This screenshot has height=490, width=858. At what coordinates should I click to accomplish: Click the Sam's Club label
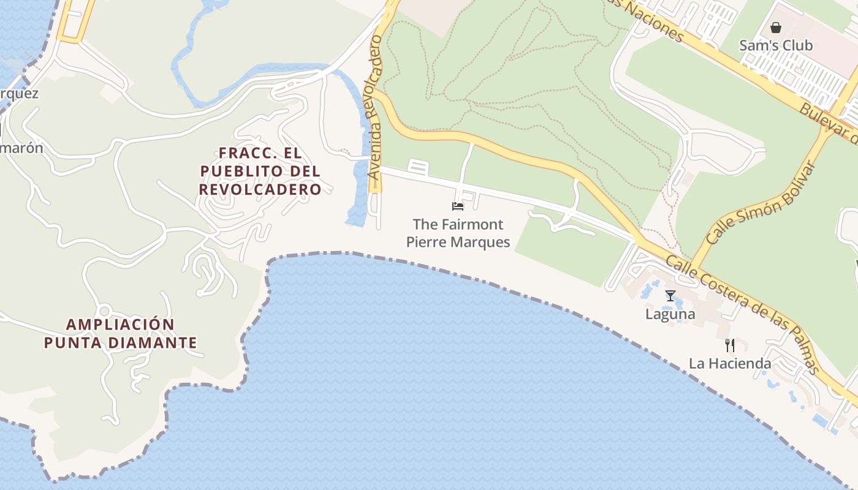[775, 45]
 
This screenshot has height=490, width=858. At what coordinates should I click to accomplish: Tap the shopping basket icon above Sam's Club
[776, 28]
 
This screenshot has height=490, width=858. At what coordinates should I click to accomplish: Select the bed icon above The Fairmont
[458, 206]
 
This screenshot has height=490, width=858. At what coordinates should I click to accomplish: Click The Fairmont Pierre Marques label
[458, 233]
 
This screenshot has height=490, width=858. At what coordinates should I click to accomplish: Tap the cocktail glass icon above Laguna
[670, 296]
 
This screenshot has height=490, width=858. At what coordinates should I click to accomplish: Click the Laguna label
[670, 314]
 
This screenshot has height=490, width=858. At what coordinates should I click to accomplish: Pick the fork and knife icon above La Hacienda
[729, 345]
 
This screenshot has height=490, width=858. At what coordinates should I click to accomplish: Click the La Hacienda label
[729, 363]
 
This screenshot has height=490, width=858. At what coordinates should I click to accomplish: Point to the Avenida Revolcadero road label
[376, 107]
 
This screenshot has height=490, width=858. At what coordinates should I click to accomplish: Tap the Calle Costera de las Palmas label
[743, 314]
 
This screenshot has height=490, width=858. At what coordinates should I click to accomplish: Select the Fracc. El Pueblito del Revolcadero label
[260, 171]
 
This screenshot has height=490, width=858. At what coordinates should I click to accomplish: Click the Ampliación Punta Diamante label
[121, 333]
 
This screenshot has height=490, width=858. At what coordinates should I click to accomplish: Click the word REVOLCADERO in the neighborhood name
[260, 189]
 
